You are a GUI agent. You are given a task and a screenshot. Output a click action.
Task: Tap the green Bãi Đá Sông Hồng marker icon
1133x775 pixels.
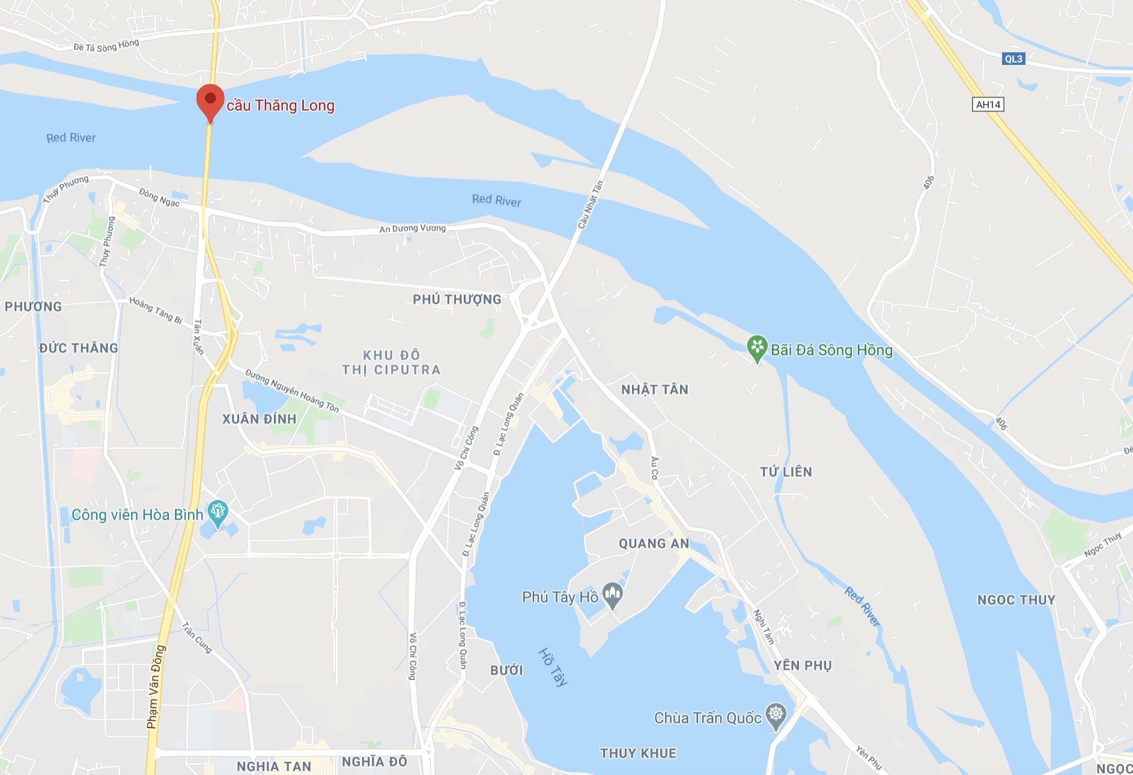pyautogui.click(x=757, y=347)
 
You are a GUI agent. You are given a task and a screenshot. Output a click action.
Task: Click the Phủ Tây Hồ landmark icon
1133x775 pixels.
pyautogui.click(x=612, y=595)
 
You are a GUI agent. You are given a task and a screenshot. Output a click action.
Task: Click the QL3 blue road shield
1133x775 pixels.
pyautogui.click(x=1013, y=59)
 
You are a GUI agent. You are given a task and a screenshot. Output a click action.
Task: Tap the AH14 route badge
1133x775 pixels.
pyautogui.click(x=988, y=105)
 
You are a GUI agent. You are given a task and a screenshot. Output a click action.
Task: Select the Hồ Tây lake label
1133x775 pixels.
pyautogui.click(x=553, y=667)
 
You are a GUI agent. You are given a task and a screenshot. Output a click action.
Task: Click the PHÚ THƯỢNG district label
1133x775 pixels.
pyautogui.click(x=457, y=299)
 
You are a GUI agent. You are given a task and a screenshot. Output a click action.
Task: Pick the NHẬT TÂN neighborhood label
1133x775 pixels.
pyautogui.click(x=655, y=389)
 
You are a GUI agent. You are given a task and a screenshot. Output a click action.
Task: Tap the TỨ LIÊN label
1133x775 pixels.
pyautogui.click(x=786, y=472)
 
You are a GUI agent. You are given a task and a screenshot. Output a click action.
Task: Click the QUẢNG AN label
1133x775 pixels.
pyautogui.click(x=654, y=544)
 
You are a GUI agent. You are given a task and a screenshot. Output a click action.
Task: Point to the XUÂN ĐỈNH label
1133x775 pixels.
pyautogui.click(x=260, y=419)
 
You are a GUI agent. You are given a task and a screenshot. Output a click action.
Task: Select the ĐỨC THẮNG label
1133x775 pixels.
pyautogui.click(x=79, y=348)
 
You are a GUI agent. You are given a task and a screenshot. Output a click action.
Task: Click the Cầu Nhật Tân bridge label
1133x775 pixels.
pyautogui.click(x=590, y=205)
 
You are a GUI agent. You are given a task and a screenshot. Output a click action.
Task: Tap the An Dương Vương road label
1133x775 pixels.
pyautogui.click(x=413, y=228)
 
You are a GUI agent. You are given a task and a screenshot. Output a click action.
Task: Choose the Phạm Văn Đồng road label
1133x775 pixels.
pyautogui.click(x=156, y=687)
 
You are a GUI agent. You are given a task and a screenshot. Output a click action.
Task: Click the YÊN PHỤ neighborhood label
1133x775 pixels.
pyautogui.click(x=803, y=665)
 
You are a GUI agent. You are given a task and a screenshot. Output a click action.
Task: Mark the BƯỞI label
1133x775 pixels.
pyautogui.click(x=506, y=670)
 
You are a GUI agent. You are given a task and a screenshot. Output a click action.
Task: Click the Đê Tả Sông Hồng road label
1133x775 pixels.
pyautogui.click(x=106, y=46)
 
